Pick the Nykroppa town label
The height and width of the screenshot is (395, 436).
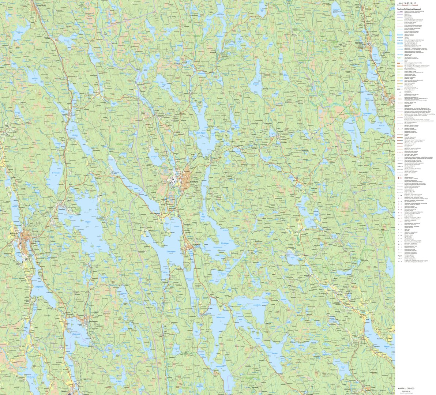tap(94, 321)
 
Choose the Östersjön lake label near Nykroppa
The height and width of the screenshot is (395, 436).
tap(76, 334)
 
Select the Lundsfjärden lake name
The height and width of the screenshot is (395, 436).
tap(257, 305)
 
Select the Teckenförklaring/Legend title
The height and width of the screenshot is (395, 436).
tap(409, 9)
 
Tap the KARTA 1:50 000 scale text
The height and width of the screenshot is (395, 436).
tap(406, 388)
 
